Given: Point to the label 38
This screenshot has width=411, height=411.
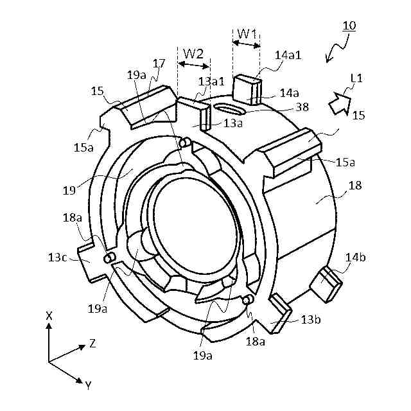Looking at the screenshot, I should pos(300,107).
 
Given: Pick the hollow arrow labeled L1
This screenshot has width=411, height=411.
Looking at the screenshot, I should pos(339,102).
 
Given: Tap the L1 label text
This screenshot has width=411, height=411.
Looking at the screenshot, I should pos(356,78).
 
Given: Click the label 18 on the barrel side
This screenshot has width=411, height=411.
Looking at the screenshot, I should pos(354,186).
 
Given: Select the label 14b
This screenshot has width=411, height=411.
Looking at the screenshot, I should pos(356,258).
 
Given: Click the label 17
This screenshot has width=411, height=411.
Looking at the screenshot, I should pos(159,63).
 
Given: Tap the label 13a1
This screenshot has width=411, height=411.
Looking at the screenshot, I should pos(211,82).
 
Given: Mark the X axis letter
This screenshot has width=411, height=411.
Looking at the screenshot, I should pos(49,316).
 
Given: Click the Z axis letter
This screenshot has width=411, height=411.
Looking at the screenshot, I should pos(93,344).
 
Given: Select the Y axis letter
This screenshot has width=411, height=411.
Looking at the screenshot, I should pos(88,385).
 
